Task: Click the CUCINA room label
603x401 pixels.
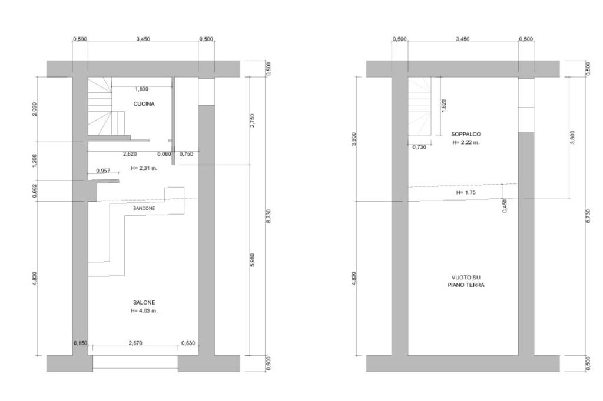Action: pyautogui.click(x=144, y=103)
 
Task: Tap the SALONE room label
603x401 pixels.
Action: pyautogui.click(x=144, y=303)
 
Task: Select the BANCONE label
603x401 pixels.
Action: pyautogui.click(x=144, y=208)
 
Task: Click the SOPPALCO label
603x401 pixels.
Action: pyautogui.click(x=466, y=135)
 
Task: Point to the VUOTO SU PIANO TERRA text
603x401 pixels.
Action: pyautogui.click(x=466, y=281)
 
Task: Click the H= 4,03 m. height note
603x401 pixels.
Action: pyautogui.click(x=144, y=310)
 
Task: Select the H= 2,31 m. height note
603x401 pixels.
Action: pyautogui.click(x=144, y=168)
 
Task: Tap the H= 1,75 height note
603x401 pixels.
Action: pyautogui.click(x=466, y=192)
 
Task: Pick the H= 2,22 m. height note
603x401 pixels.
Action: pyautogui.click(x=466, y=142)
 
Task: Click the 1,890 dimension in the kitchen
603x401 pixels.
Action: pyautogui.click(x=141, y=89)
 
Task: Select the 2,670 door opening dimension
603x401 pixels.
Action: pyautogui.click(x=135, y=343)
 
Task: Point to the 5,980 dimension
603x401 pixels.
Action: pyautogui.click(x=252, y=260)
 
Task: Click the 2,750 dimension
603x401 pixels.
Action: pyautogui.click(x=252, y=121)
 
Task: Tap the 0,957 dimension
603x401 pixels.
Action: pyautogui.click(x=103, y=171)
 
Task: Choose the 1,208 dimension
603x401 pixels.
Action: pyautogui.click(x=35, y=161)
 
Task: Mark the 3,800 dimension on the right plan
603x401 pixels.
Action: pyautogui.click(x=572, y=137)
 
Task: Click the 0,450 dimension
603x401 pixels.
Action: pyautogui.click(x=505, y=205)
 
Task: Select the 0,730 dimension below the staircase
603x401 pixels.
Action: pyautogui.click(x=419, y=147)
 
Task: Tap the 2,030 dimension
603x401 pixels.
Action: pyautogui.click(x=35, y=109)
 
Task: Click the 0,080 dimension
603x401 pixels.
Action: pyautogui.click(x=164, y=154)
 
